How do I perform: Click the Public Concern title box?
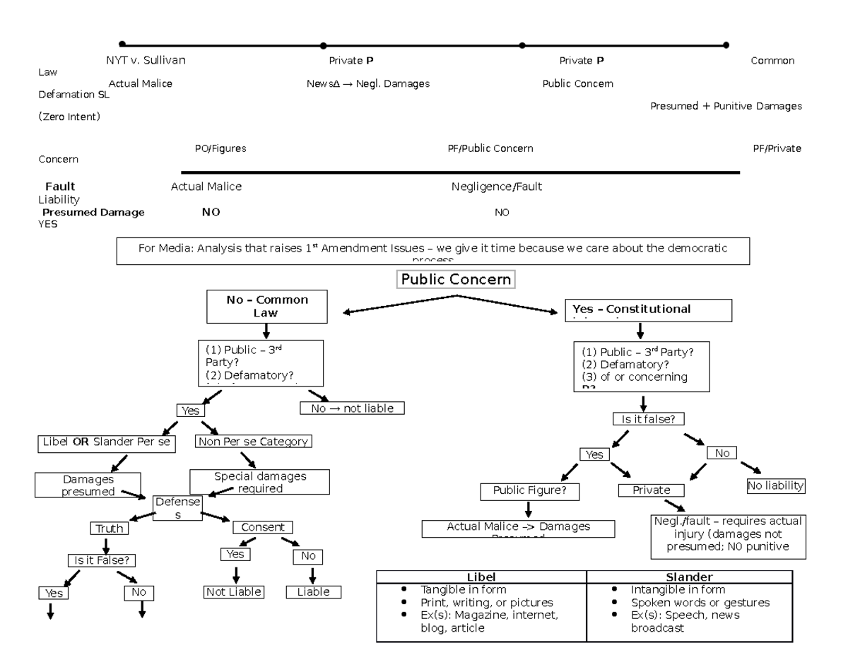pos(456,279)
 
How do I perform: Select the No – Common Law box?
pos(267,306)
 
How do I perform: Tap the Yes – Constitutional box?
pos(648,309)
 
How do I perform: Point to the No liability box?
pos(776,486)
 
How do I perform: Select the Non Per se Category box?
pos(253,442)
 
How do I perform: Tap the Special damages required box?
pos(260,482)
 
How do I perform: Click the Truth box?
pos(110,529)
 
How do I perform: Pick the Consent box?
pos(262,527)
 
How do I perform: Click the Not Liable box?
pos(233,592)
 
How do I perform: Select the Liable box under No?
pos(312,592)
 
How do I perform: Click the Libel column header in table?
pos(481,577)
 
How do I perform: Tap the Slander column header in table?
pos(690,577)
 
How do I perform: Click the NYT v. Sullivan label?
pos(146,61)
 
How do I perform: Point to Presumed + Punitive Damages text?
pos(726,107)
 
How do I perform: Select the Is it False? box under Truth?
pos(101,561)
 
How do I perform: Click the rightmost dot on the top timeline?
pos(726,45)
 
